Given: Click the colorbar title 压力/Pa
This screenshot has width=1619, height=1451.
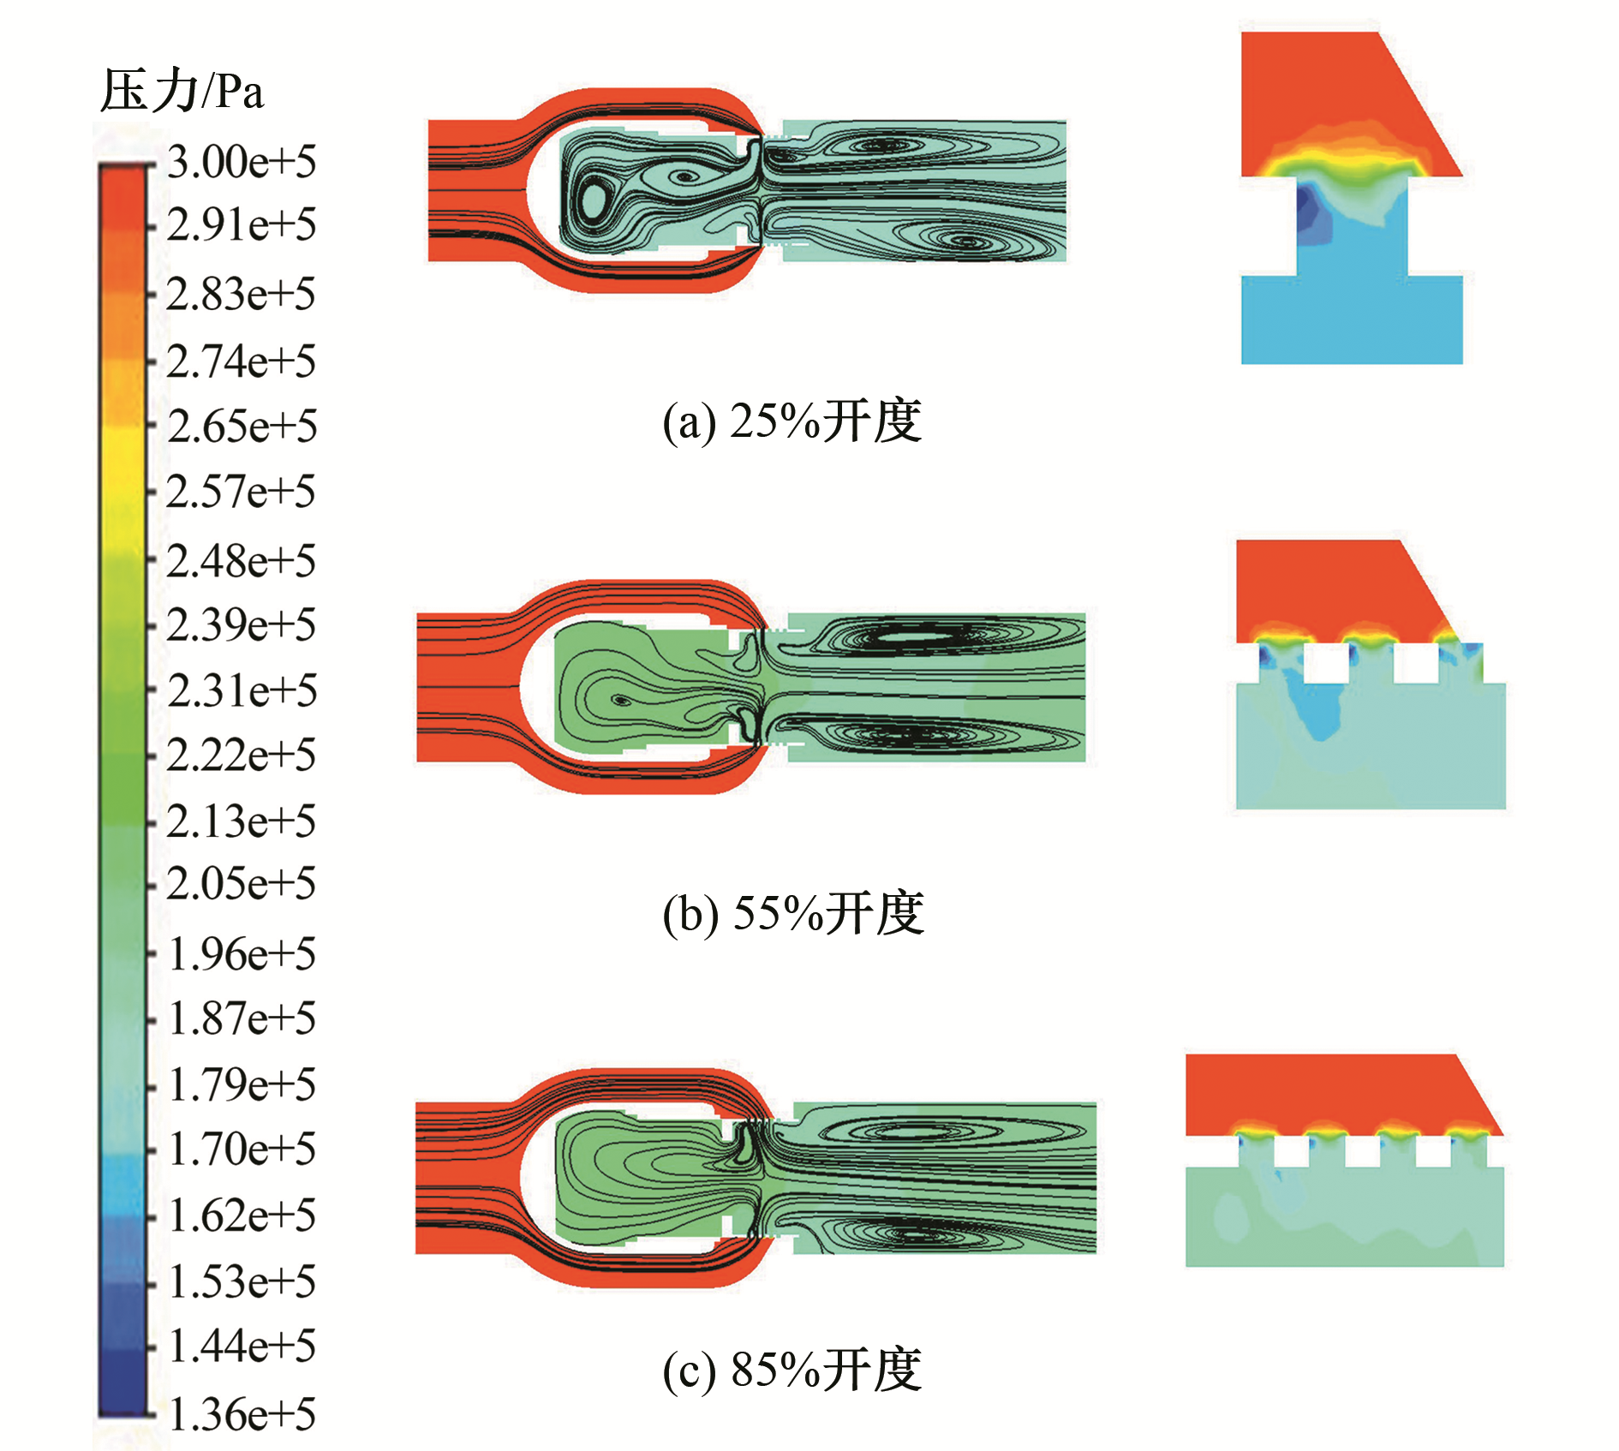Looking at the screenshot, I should [182, 91].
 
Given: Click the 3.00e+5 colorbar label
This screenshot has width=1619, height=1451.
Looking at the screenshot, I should [242, 161].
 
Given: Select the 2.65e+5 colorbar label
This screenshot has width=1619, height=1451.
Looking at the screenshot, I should [242, 426].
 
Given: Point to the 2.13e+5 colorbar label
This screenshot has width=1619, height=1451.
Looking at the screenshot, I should [242, 821].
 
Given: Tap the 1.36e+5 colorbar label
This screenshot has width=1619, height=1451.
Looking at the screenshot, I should [242, 1413].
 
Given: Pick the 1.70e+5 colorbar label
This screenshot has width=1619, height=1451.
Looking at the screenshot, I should [242, 1149].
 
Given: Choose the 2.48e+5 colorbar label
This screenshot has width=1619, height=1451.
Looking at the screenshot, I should [242, 560].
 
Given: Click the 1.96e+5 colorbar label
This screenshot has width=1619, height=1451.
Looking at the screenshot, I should [242, 953].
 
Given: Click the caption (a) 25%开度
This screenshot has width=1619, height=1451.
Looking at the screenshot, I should [792, 421].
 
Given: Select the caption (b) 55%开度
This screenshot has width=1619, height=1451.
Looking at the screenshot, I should [792, 913].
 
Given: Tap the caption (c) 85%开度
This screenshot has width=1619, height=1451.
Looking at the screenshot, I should [792, 1369].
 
